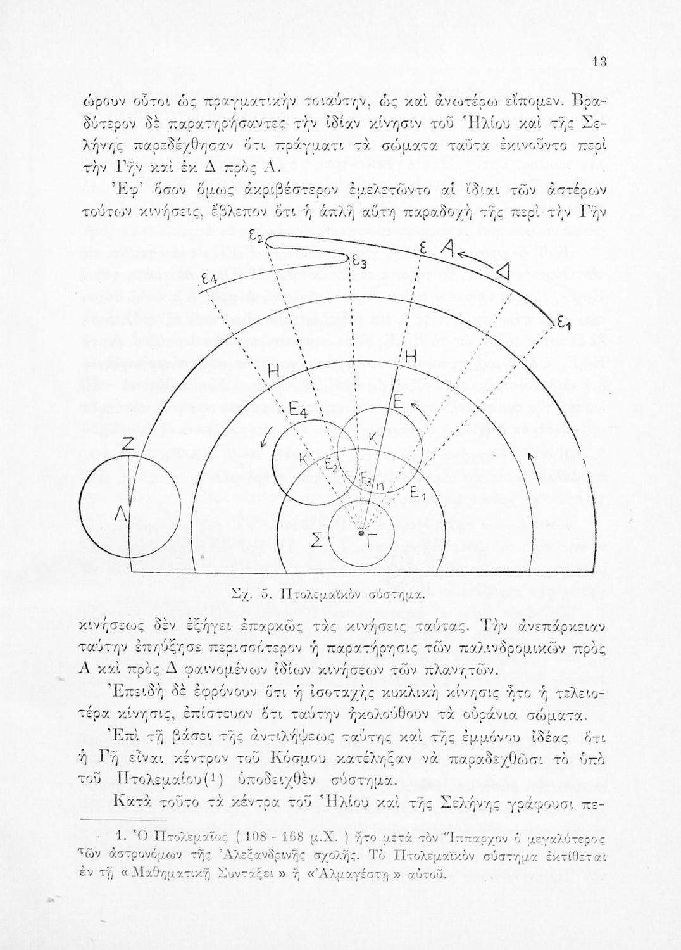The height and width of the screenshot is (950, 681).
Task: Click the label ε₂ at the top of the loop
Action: (255, 236)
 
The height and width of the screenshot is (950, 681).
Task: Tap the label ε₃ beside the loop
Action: (358, 261)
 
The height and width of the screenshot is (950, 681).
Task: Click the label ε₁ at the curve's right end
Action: (563, 324)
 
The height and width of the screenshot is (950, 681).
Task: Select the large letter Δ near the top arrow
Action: (504, 272)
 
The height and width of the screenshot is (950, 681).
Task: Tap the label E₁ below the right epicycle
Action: (416, 492)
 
